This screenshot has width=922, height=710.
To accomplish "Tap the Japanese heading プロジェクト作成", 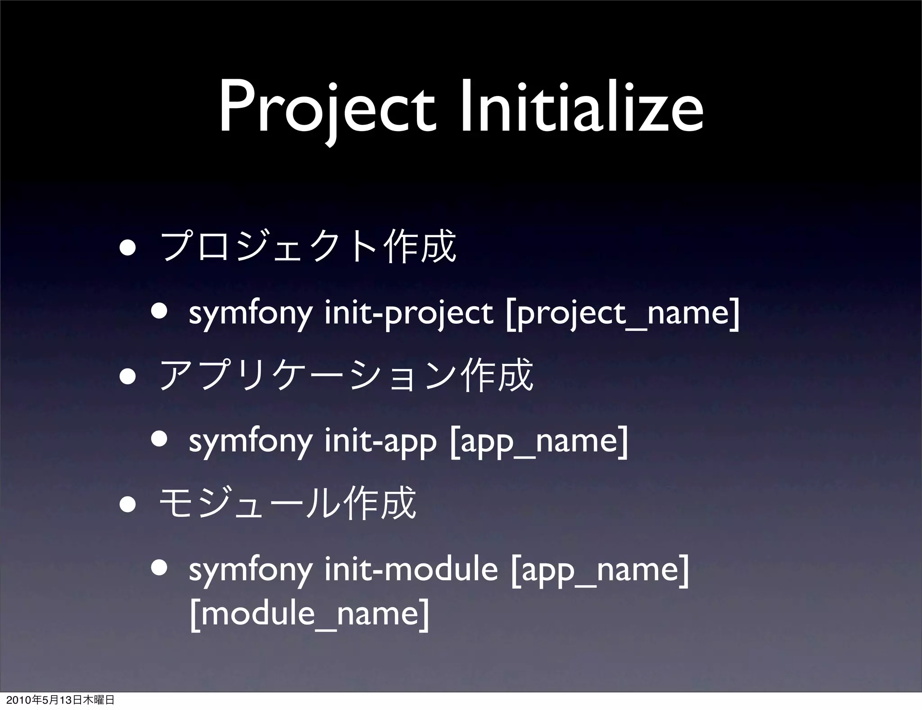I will point(308,246).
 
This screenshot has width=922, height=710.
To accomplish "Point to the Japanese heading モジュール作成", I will point(288,503).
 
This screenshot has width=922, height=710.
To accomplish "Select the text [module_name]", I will point(309,613).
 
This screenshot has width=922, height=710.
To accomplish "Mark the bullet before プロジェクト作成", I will point(128,247).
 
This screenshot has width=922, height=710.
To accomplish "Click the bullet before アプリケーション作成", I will point(128,376).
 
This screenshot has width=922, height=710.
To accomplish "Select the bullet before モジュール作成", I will point(128,504).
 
